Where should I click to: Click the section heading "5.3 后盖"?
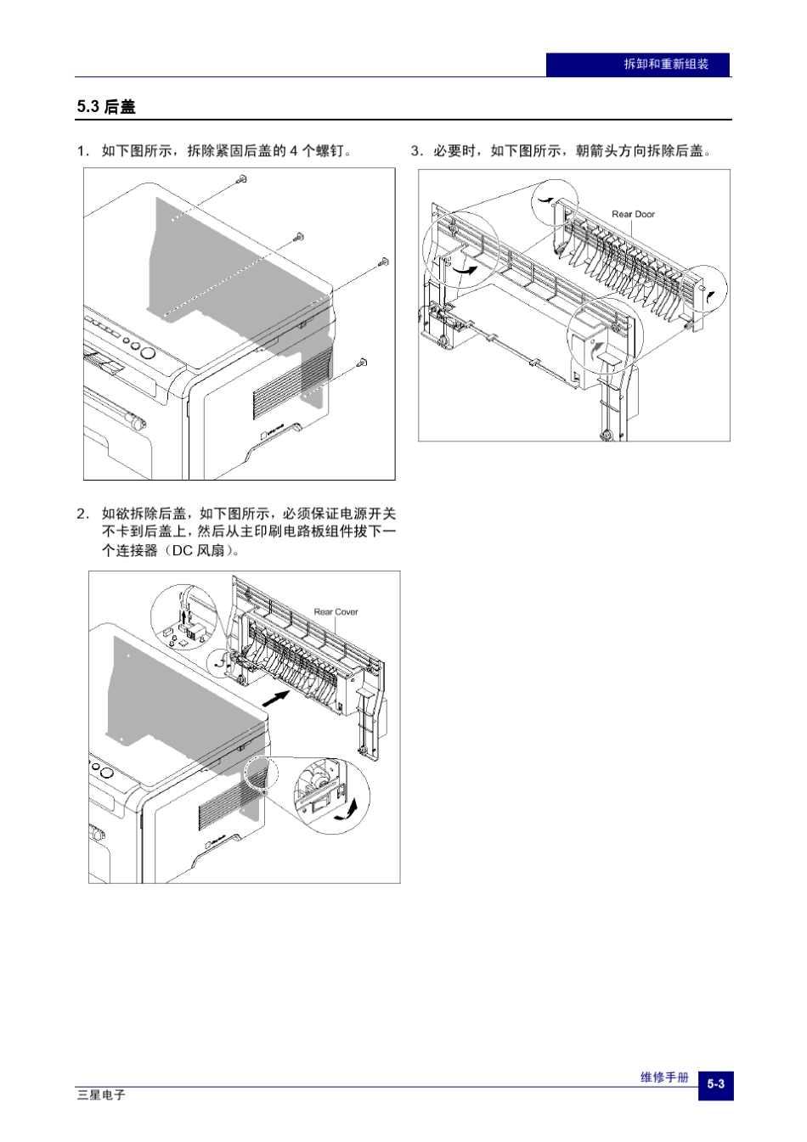pos(106,107)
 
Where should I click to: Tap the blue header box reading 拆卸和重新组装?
pos(638,65)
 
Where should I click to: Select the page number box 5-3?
pos(715,1084)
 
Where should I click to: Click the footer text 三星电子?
pos(101,1095)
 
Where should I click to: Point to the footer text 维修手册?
pos(664,1077)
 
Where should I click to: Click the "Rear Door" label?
pos(633,214)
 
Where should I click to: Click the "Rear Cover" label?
pos(336,611)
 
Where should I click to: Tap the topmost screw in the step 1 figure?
pos(242,179)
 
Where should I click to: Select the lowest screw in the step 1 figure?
pos(363,363)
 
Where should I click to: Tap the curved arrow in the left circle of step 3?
pos(465,268)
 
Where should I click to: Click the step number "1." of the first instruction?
pos(82,151)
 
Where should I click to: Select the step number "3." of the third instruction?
pos(416,151)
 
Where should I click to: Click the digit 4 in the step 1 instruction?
pos(294,151)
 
